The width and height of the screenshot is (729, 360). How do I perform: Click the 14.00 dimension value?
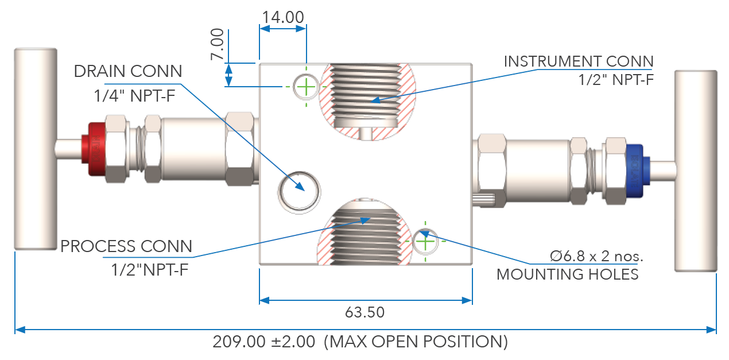tap(283, 17)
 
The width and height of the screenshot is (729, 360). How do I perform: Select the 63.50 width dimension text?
tap(364, 313)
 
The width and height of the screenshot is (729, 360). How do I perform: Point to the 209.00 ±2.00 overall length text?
tap(263, 342)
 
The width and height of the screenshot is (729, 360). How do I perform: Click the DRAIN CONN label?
tap(128, 71)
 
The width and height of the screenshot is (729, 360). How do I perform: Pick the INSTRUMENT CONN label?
tap(579, 61)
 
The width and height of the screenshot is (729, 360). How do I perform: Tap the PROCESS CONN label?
tap(126, 247)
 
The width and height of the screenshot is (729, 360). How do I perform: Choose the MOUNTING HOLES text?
tap(567, 274)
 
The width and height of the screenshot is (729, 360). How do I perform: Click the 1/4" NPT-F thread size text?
tap(134, 96)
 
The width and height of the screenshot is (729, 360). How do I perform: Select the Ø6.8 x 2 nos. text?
tap(596, 256)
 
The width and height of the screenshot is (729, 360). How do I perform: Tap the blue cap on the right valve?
tap(634, 167)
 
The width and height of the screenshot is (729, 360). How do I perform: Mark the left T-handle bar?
tap(36, 148)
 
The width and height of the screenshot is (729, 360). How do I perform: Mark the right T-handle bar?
tap(696, 171)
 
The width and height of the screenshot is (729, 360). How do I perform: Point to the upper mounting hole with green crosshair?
tap(307, 87)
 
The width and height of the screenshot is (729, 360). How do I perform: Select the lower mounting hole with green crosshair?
tap(425, 242)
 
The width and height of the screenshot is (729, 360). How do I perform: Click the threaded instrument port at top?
tap(367, 95)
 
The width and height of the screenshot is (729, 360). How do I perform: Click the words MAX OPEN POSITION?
tap(416, 342)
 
